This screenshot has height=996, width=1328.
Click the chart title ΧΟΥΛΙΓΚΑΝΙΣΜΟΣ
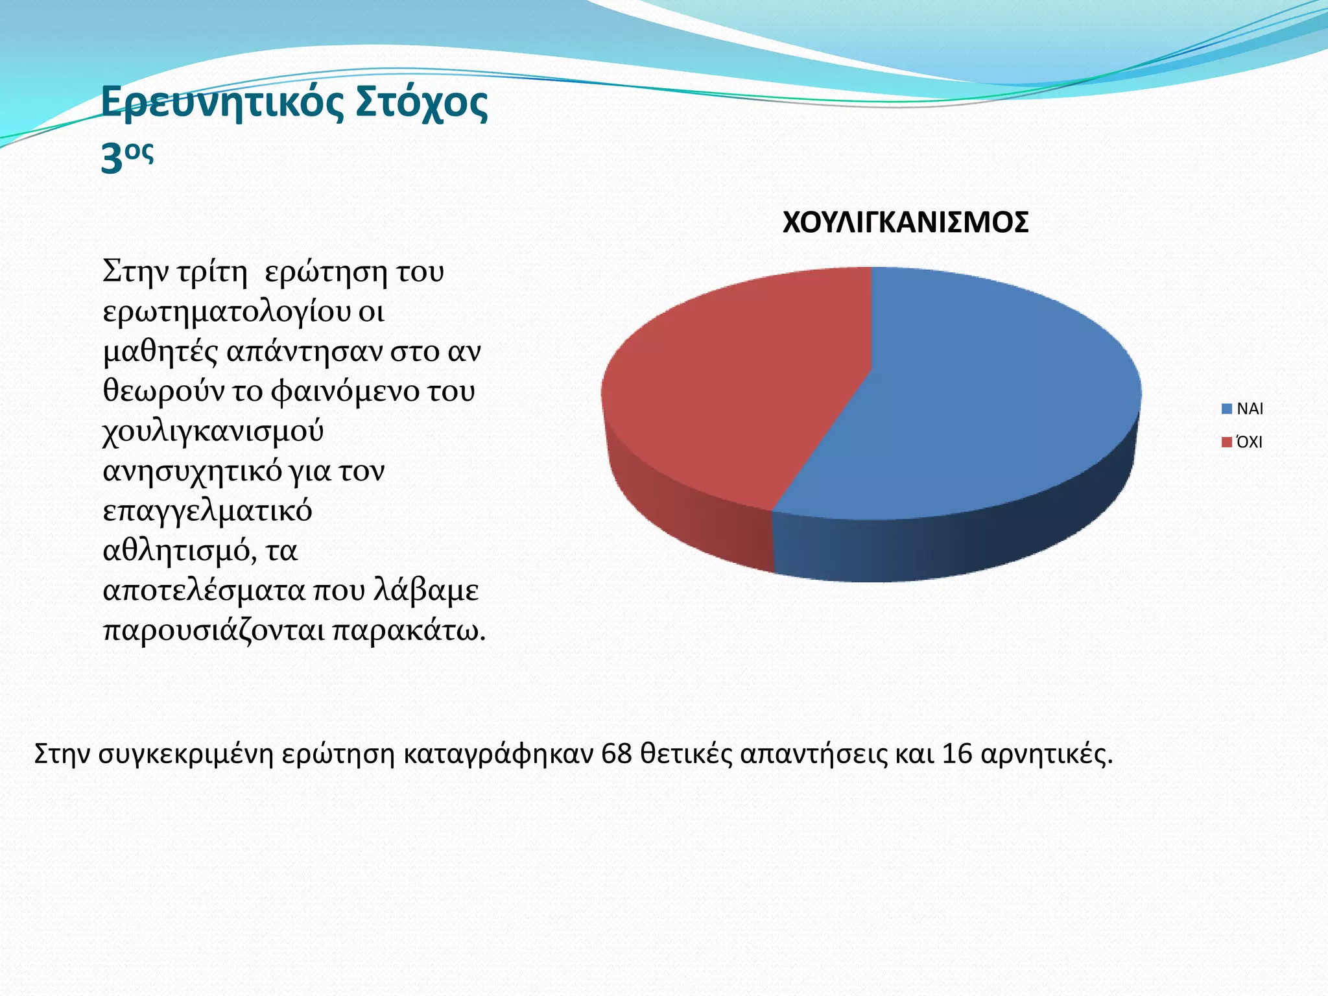[x=905, y=222]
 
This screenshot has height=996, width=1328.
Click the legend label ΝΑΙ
[x=1250, y=409]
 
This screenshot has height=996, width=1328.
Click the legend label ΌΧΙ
[x=1249, y=443]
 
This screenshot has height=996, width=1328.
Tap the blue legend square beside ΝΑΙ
[x=1226, y=409]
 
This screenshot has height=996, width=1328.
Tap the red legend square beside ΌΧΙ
[x=1226, y=443]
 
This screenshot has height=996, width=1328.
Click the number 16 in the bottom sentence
[x=957, y=754]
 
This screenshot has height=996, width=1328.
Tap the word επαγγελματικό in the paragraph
[x=207, y=512]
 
